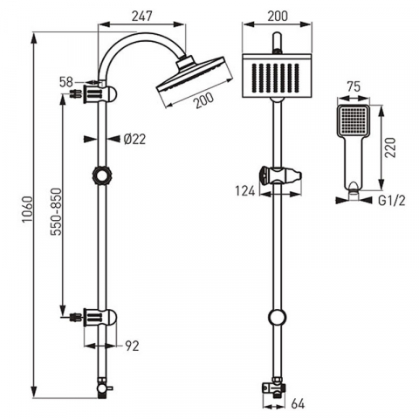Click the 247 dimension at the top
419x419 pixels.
pyautogui.click(x=142, y=16)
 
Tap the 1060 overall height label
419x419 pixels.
pyautogui.click(x=28, y=209)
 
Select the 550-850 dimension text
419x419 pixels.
pyautogui.click(x=56, y=211)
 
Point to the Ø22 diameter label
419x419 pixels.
pyautogui.click(x=134, y=139)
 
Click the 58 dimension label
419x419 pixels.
pyautogui.click(x=66, y=82)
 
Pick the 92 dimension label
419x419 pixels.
pyautogui.click(x=132, y=346)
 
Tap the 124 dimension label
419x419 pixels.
pyautogui.click(x=245, y=191)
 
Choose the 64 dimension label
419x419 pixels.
pyautogui.click(x=298, y=404)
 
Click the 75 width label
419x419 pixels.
pyautogui.click(x=353, y=86)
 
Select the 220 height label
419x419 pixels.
pyautogui.click(x=390, y=148)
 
